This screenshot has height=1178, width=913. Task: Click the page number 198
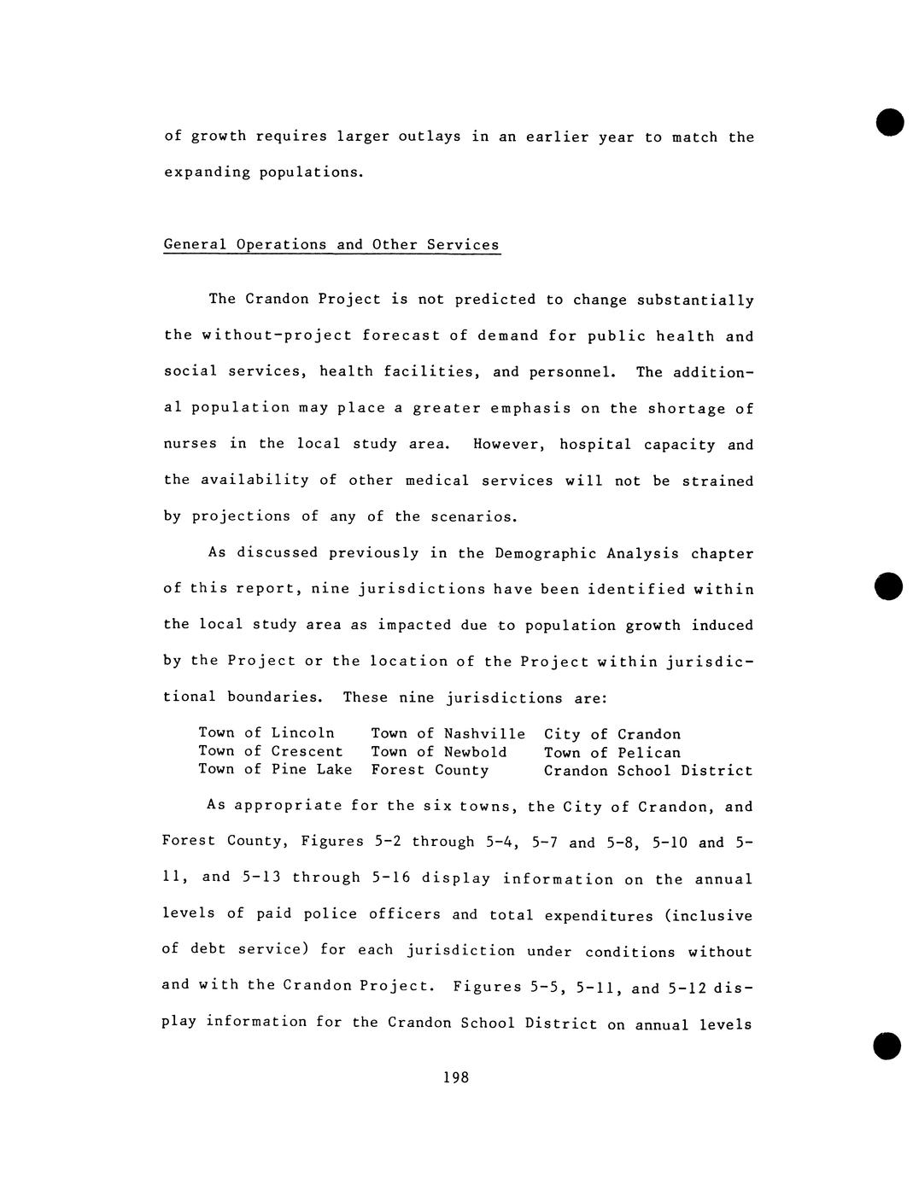point(456,1077)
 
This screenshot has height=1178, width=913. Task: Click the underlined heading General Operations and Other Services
point(331,245)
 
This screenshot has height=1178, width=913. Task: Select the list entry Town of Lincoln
point(266,733)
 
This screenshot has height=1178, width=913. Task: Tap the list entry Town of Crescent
point(271,751)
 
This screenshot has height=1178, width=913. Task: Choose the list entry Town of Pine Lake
point(275,769)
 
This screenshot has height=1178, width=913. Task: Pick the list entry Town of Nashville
point(448,734)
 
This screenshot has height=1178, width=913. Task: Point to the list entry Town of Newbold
point(439,752)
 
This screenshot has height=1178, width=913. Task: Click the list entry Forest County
point(430,770)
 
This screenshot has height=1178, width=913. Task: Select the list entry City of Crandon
point(612,734)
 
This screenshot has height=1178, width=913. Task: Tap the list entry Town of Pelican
point(612,753)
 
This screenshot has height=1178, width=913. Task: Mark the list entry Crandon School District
point(648,771)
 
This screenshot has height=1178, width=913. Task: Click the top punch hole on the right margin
point(889,122)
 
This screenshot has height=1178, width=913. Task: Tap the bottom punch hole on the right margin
point(887,1045)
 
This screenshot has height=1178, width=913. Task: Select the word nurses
point(190,444)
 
